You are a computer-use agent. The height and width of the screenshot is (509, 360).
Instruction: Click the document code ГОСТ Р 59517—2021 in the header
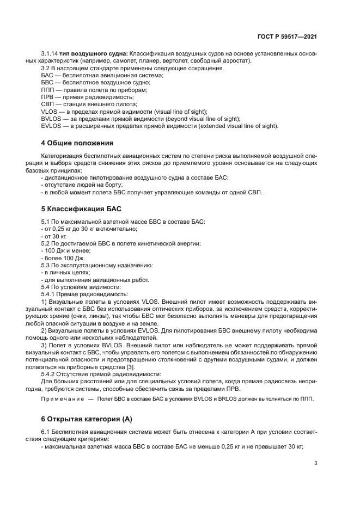(x=288, y=36)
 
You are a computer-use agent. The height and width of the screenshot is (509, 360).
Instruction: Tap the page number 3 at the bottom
(x=316, y=463)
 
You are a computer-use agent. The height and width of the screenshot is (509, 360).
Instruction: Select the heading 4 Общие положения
(x=77, y=143)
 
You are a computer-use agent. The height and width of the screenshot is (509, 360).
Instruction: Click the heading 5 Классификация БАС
(x=82, y=208)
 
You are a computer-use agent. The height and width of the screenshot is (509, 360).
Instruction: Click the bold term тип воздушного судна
(x=93, y=53)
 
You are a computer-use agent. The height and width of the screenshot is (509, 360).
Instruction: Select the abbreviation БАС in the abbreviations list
(x=48, y=75)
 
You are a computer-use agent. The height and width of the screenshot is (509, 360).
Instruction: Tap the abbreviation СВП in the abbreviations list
(x=48, y=104)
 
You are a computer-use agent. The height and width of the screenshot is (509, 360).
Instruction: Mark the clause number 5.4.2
(x=51, y=374)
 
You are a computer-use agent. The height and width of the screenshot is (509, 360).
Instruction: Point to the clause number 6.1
(x=46, y=432)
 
